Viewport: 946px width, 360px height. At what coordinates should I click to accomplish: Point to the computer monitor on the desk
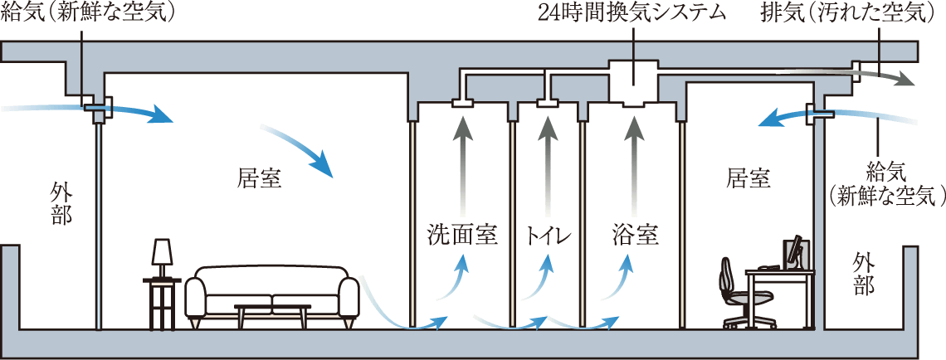click(x=795, y=252)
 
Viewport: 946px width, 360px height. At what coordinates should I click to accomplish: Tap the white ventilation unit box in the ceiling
click(x=635, y=82)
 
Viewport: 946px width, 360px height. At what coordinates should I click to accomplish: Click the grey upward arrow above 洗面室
click(x=461, y=162)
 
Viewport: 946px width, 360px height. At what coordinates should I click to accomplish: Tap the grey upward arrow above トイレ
click(x=548, y=162)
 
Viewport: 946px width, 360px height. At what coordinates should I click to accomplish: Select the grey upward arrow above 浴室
click(x=635, y=162)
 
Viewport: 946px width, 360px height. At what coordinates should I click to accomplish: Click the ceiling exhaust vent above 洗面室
click(x=461, y=103)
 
